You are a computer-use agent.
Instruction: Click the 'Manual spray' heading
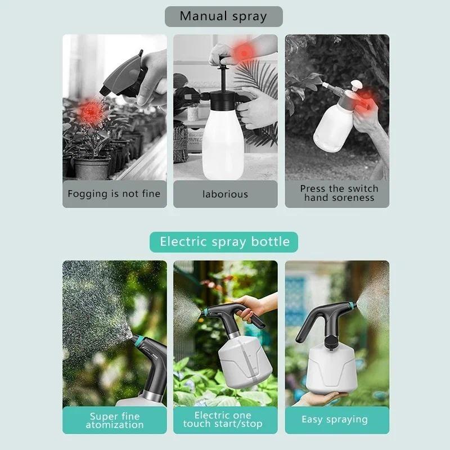[x=223, y=16]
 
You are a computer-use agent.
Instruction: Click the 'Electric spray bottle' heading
[x=224, y=242]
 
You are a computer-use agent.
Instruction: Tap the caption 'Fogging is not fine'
[x=114, y=194]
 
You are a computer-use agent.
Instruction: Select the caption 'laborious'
[x=225, y=194]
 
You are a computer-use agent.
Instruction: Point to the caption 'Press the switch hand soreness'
[x=339, y=193]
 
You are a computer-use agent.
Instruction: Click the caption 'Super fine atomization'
[x=114, y=420]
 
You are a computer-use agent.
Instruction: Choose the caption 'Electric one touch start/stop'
[x=225, y=420]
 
